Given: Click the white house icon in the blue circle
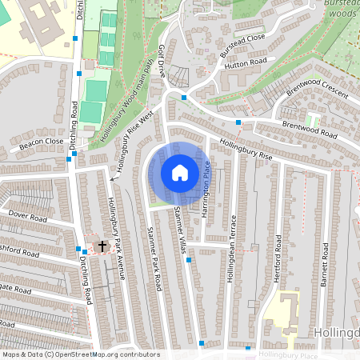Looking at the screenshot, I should coord(180,173).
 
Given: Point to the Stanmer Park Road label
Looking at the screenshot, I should coord(155,259).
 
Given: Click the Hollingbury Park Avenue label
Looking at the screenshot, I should coord(118,238).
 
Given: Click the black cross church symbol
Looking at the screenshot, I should coord(102,246).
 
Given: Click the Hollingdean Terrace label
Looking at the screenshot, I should coord(232,248).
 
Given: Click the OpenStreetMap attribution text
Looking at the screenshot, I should coord(80,354).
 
